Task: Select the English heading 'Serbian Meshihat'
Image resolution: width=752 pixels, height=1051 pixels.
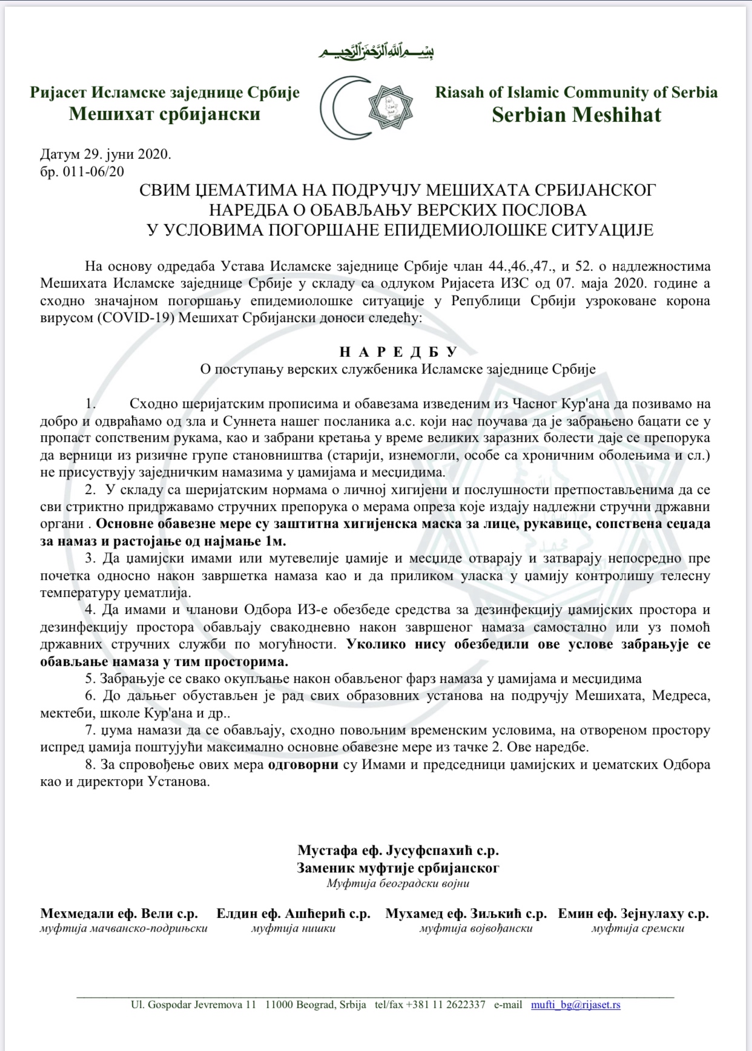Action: [576, 114]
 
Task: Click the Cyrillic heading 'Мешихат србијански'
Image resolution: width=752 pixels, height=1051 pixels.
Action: [165, 114]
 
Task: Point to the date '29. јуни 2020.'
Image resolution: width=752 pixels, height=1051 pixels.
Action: [128, 154]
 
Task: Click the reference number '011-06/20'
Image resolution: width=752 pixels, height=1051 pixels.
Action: [91, 171]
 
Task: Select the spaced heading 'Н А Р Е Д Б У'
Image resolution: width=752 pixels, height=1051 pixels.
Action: [398, 352]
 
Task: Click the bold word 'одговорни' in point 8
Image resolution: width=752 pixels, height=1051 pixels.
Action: [303, 764]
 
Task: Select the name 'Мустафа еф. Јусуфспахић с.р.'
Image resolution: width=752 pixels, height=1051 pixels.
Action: [398, 851]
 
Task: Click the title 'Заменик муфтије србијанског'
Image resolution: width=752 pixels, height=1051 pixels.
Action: [398, 868]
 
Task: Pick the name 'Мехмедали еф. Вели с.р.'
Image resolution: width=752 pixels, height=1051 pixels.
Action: [119, 914]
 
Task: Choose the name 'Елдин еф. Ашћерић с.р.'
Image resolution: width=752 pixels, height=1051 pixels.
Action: [294, 914]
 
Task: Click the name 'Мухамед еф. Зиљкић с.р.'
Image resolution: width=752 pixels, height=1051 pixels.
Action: [466, 914]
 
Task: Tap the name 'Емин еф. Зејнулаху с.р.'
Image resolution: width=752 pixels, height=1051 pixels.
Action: [633, 914]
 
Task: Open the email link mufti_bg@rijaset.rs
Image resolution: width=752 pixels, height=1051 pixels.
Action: [575, 1004]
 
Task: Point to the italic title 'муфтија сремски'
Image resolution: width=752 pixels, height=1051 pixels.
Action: [638, 928]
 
